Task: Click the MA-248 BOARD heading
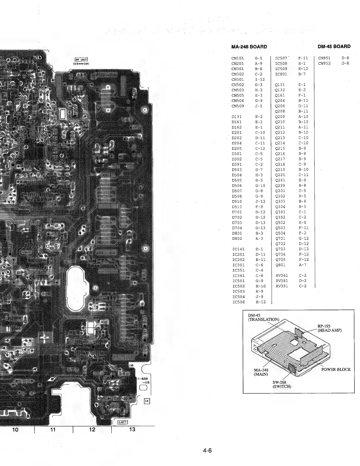pyautogui.click(x=249, y=46)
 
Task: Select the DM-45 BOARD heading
pyautogui.click(x=334, y=46)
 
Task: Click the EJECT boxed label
pyautogui.click(x=122, y=422)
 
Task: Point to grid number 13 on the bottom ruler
pyautogui.click(x=132, y=430)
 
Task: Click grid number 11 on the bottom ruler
pyautogui.click(x=53, y=430)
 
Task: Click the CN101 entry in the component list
pyautogui.click(x=238, y=58)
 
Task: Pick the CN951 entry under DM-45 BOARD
pyautogui.click(x=324, y=58)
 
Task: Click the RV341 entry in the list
pyautogui.click(x=281, y=276)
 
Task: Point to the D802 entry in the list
pyautogui.click(x=237, y=239)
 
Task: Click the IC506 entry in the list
pyautogui.click(x=239, y=302)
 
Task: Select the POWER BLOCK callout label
pyautogui.click(x=336, y=370)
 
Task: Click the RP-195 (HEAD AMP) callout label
pyautogui.click(x=329, y=328)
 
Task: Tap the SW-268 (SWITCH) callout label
pyautogui.click(x=281, y=384)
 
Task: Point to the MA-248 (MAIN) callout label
pyautogui.click(x=261, y=372)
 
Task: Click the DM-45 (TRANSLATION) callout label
pyautogui.click(x=263, y=317)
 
